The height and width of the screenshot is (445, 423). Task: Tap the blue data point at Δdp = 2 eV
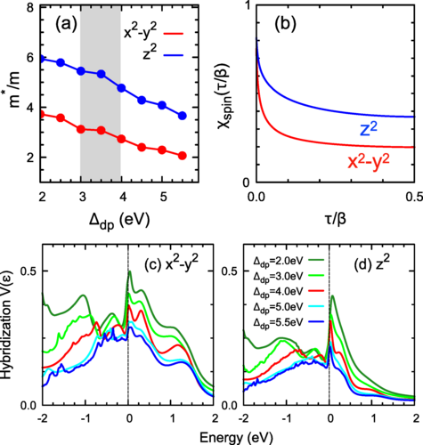click(x=42, y=58)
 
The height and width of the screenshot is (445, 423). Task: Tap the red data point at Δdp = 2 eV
click(x=42, y=114)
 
